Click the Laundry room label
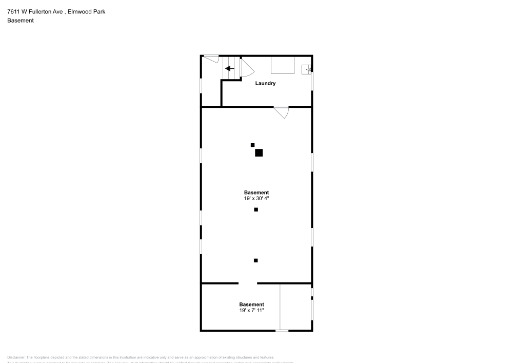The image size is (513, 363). tap(266, 83)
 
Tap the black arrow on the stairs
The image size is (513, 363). tap(230, 68)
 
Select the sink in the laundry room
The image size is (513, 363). tap(306, 69)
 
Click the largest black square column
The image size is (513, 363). tap(259, 152)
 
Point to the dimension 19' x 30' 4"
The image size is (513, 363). tap(256, 198)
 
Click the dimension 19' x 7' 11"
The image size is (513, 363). tap(251, 310)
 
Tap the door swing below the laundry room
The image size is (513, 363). tap(282, 112)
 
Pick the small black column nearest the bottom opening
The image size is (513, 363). tap(256, 260)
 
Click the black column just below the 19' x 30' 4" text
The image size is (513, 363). tap(256, 209)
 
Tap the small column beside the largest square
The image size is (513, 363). tap(252, 145)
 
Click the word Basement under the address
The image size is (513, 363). tap(21, 21)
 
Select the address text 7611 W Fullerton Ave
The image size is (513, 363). tap(39, 11)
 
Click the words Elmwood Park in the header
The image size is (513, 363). tap(90, 11)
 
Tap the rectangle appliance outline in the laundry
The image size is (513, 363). tap(283, 65)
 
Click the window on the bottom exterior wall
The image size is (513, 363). tap(282, 331)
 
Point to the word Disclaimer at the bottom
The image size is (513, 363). tap(16, 357)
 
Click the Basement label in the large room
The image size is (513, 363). tap(256, 193)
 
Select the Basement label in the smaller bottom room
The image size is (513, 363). tap(251, 304)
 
